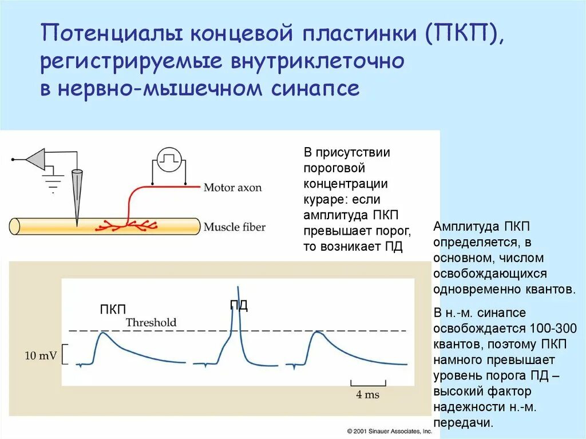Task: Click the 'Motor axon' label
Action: [x=232, y=187]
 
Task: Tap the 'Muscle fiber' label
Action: [x=235, y=227]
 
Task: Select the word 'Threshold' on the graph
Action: [x=151, y=322]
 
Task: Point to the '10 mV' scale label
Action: [x=41, y=355]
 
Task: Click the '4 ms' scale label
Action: [x=367, y=394]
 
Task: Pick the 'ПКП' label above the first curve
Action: [x=113, y=310]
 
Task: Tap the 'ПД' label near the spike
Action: [x=239, y=305]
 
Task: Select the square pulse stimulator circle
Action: [x=169, y=160]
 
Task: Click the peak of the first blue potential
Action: [x=101, y=333]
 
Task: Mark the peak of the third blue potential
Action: [x=314, y=333]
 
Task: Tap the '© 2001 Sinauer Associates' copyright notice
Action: [x=389, y=430]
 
